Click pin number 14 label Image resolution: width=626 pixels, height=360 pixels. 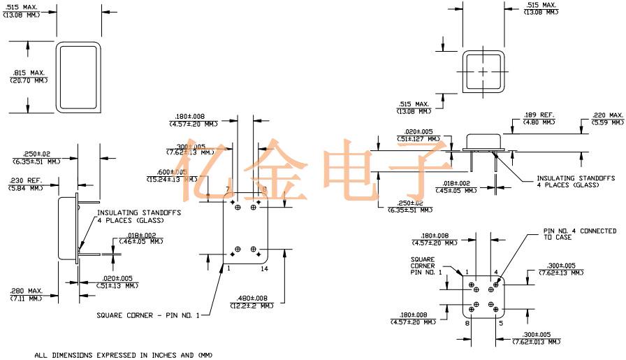tap(265, 268)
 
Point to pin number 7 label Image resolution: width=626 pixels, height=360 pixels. tap(227, 189)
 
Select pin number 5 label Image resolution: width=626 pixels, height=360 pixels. tap(500, 323)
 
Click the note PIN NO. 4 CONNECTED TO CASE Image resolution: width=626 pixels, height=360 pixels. tap(579, 233)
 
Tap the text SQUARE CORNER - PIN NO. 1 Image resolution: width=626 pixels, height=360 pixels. tap(148, 315)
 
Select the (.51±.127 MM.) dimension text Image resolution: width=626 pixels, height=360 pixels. tap(418, 139)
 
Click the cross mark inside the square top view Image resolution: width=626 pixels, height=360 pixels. tap(483, 72)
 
